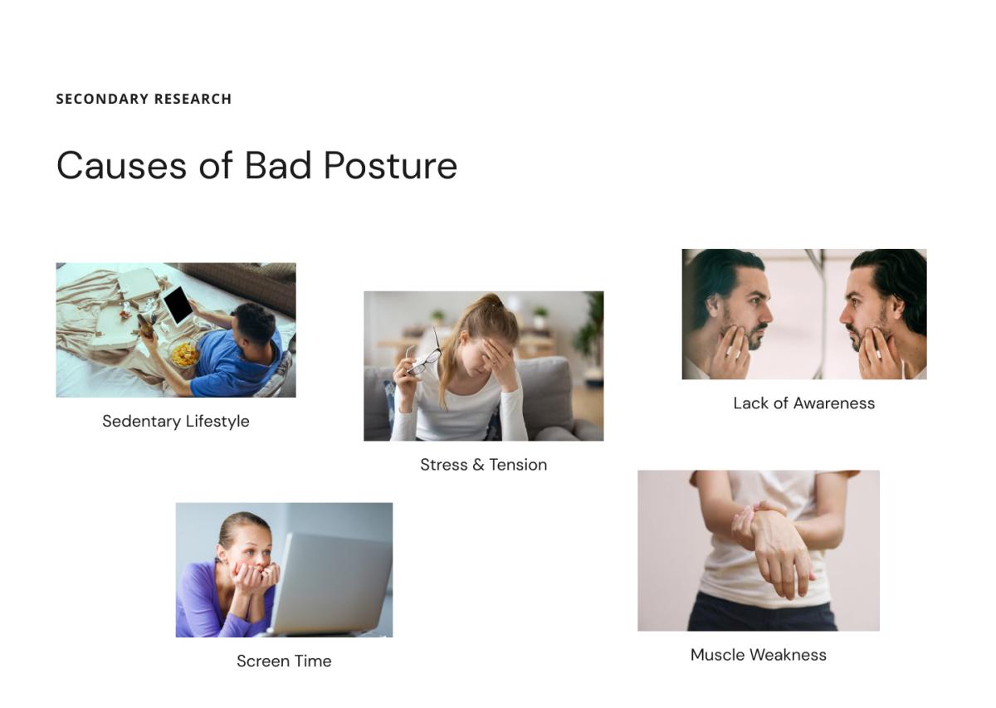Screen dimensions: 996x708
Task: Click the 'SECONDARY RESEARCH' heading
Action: click(144, 99)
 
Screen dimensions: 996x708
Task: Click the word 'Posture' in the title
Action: click(390, 165)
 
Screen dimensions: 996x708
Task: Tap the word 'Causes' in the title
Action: click(121, 165)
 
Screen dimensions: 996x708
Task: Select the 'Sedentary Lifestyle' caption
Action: click(176, 421)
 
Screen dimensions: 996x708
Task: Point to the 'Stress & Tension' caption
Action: click(483, 465)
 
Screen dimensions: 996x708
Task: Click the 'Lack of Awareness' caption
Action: click(804, 403)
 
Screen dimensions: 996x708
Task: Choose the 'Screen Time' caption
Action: click(284, 661)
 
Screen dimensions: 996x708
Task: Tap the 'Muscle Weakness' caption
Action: click(758, 655)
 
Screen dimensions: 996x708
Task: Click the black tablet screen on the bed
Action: click(178, 305)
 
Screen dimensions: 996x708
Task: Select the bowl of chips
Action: click(184, 354)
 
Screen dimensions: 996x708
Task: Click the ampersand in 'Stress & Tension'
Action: click(478, 465)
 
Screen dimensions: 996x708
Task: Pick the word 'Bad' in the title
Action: click(278, 165)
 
